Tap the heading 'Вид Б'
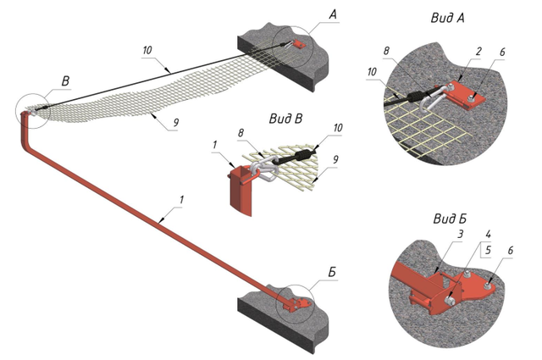[x=450, y=220]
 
